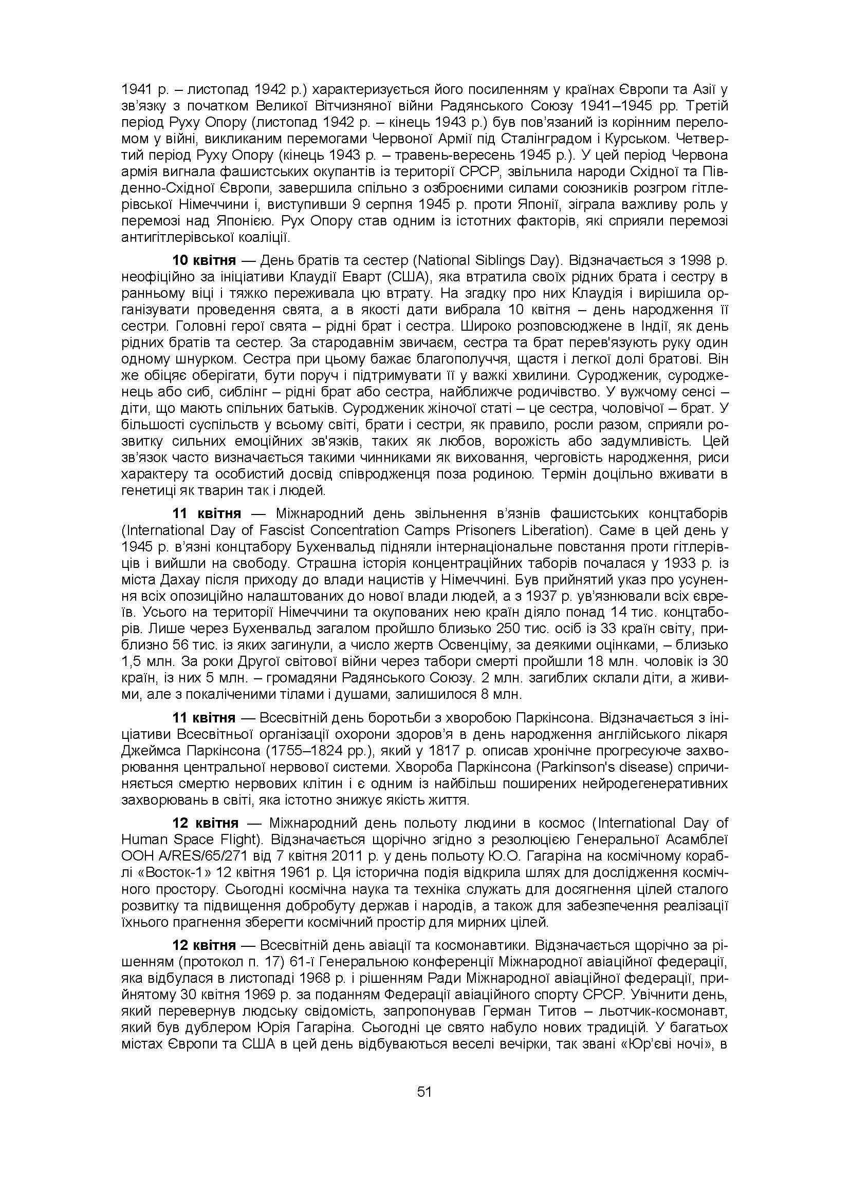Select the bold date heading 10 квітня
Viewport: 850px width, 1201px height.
point(204,260)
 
